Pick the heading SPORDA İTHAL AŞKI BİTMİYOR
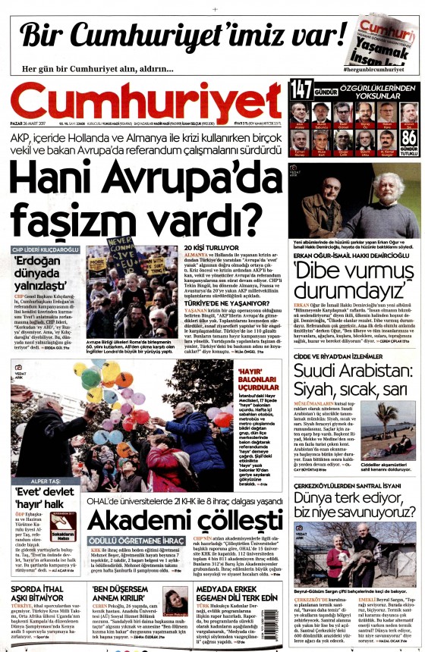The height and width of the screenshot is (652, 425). [x=46, y=589]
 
